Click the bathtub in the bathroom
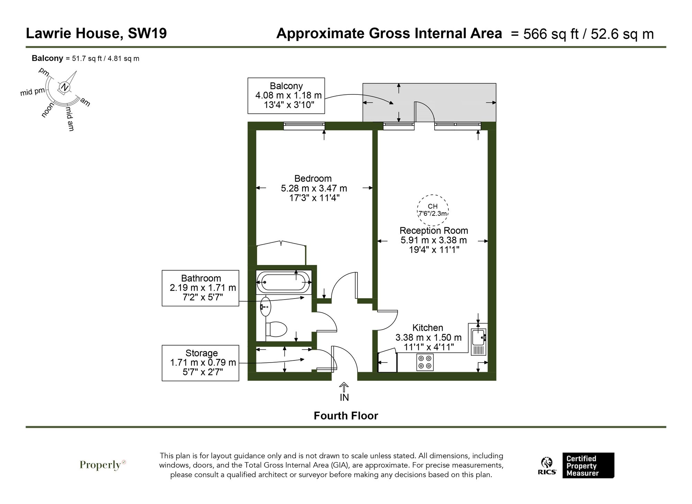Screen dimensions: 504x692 coord(284,282)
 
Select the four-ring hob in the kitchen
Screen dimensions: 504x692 coord(425,362)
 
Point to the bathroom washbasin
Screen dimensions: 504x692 coord(265,306)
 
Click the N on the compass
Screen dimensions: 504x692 coord(64,87)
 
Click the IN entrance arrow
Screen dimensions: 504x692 coord(344,392)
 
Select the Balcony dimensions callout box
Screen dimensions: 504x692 coord(286,95)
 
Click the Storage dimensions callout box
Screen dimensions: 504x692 coord(200,363)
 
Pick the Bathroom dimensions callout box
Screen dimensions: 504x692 coord(200,288)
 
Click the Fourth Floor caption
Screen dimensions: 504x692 coord(346,416)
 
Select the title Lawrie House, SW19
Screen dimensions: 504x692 coord(96,34)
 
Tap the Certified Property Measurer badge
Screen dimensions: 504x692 coord(588,466)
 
